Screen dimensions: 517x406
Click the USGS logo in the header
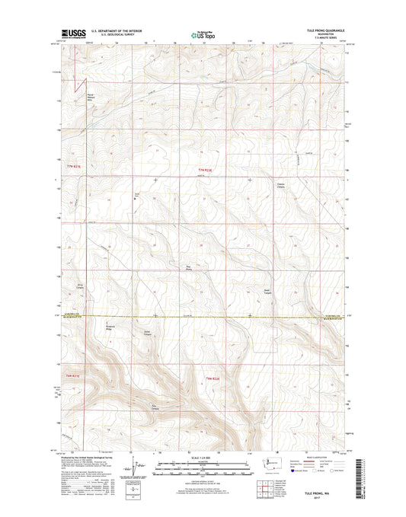73,34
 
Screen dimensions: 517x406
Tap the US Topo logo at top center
202,34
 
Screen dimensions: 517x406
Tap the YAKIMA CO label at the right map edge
333,314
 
